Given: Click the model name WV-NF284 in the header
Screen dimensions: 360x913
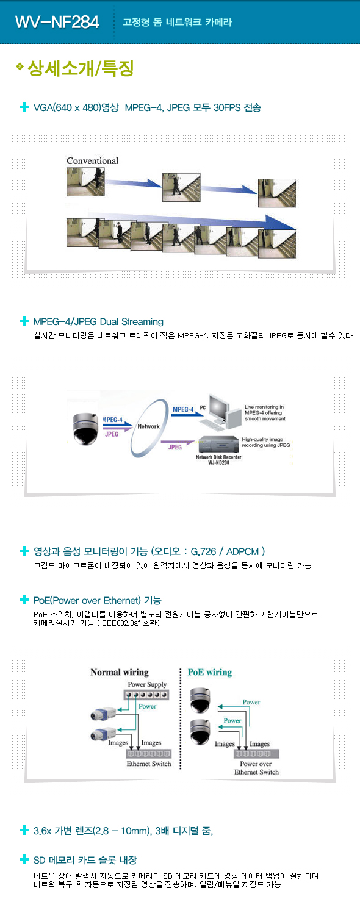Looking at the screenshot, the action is coord(57,22).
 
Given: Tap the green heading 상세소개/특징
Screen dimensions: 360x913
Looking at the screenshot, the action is coord(81,68).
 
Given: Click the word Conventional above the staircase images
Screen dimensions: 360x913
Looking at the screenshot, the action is coord(93,161).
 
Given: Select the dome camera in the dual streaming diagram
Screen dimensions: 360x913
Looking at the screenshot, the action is coord(85,429).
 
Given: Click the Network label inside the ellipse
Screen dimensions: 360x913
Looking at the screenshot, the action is coord(148,426).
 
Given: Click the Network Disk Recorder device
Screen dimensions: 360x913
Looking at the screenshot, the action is coord(218,445).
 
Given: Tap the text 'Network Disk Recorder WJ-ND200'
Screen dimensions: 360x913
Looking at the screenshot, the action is coord(218,460).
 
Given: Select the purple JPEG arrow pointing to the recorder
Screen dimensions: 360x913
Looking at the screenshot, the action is coord(178,442).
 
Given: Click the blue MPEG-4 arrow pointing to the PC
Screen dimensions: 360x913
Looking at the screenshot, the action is coord(187,415).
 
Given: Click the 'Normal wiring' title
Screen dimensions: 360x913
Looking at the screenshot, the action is coord(120,673).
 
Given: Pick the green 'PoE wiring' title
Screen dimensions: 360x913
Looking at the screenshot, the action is coord(209,673).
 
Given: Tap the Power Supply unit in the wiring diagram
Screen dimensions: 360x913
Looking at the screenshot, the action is coord(146,695).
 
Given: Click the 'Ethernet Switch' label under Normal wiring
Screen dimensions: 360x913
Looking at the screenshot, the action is coord(149,764).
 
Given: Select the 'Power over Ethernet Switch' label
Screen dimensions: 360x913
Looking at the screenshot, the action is coord(256,768).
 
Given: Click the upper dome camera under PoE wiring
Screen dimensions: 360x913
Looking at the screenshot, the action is coord(200,700).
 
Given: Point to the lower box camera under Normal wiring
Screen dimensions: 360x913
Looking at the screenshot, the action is coord(104,734).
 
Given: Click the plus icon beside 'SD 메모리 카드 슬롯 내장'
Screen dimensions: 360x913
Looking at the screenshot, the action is coord(24,859).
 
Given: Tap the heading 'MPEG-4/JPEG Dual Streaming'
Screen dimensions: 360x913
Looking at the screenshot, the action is coord(98,321).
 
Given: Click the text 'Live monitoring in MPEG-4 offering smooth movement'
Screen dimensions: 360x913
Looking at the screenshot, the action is coord(265,413).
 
